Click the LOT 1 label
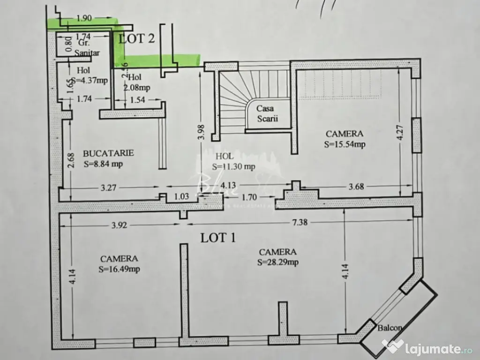218,238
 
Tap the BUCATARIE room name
108,153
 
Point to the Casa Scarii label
267,113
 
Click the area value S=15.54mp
345,144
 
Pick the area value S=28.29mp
277,262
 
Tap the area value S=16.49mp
119,269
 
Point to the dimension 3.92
120,225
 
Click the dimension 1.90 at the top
83,18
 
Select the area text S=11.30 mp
233,166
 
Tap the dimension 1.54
138,99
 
